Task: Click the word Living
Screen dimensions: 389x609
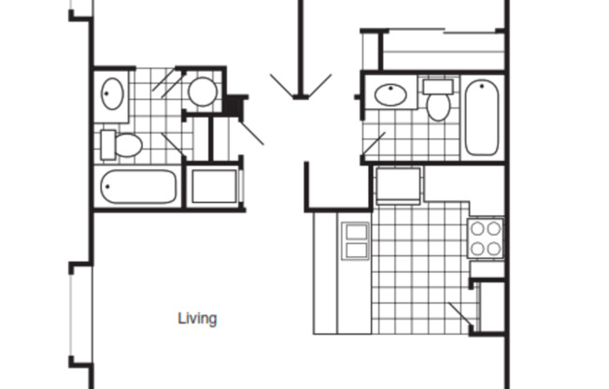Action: click(x=197, y=319)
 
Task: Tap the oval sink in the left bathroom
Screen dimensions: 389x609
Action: click(x=112, y=94)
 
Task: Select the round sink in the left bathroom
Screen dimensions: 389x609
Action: click(x=202, y=92)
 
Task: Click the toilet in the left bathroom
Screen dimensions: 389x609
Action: click(x=122, y=145)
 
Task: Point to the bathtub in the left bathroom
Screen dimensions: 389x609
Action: click(x=138, y=187)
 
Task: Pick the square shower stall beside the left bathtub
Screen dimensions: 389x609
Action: click(x=214, y=186)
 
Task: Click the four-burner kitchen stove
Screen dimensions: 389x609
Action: click(x=486, y=238)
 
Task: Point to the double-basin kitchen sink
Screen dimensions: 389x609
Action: click(x=356, y=240)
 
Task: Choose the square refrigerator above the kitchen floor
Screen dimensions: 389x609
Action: click(x=397, y=184)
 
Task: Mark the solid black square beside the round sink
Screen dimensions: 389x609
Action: click(x=234, y=105)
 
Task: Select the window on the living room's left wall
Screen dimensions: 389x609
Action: click(x=72, y=310)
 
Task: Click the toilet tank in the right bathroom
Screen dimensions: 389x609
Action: click(x=436, y=86)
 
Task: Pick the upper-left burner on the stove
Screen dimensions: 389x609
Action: click(x=476, y=228)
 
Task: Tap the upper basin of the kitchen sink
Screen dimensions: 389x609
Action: click(x=356, y=231)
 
